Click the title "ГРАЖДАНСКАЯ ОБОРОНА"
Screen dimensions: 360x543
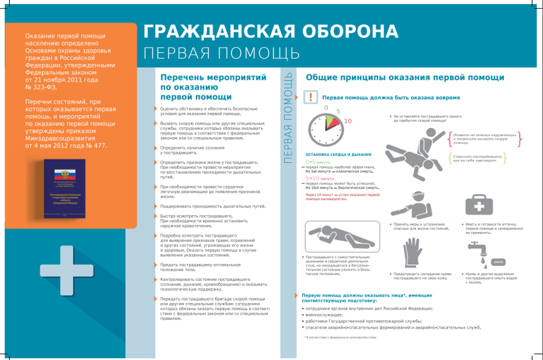coord(271,31)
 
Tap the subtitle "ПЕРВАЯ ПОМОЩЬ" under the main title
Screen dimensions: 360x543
coord(222,53)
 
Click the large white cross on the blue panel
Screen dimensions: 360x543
coord(67,271)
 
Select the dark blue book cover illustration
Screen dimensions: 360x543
coord(65,189)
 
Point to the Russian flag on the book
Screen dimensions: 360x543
coord(65,174)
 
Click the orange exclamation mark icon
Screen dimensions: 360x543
coord(311,97)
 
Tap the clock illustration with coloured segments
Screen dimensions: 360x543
coord(326,129)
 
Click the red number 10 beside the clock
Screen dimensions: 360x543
coord(348,121)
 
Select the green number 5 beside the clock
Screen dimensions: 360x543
coord(338,111)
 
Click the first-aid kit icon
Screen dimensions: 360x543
coord(479,205)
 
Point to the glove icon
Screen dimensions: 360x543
coord(412,252)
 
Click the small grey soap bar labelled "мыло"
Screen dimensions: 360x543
coord(498,262)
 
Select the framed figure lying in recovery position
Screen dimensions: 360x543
coord(342,236)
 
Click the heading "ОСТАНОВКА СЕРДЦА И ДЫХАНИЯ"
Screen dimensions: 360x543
coord(338,154)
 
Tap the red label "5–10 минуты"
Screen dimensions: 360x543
coord(320,179)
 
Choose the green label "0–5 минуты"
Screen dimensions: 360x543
coord(318,162)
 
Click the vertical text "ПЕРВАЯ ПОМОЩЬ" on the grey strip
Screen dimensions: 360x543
coord(288,118)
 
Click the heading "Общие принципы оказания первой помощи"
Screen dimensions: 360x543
coord(405,77)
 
